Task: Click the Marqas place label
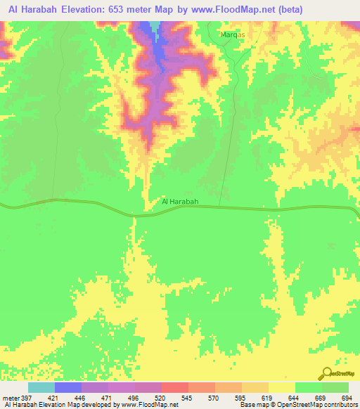pyautogui.click(x=231, y=34)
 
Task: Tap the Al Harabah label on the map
pyautogui.click(x=181, y=202)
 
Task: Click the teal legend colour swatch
pyautogui.click(x=41, y=387)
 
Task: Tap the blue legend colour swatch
pyautogui.click(x=67, y=387)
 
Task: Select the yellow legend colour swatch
pyautogui.click(x=281, y=387)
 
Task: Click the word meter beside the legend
pyautogui.click(x=10, y=398)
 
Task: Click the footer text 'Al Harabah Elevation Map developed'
pyautogui.click(x=56, y=405)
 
